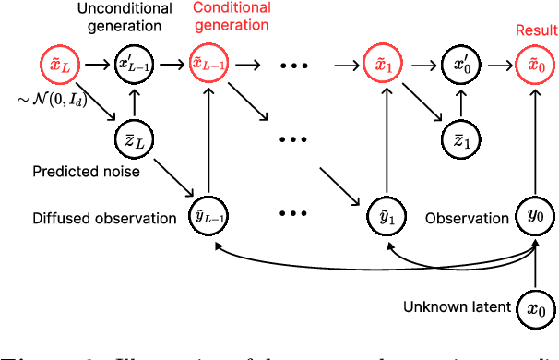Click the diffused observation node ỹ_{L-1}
point(212,217)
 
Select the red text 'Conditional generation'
point(231,17)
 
